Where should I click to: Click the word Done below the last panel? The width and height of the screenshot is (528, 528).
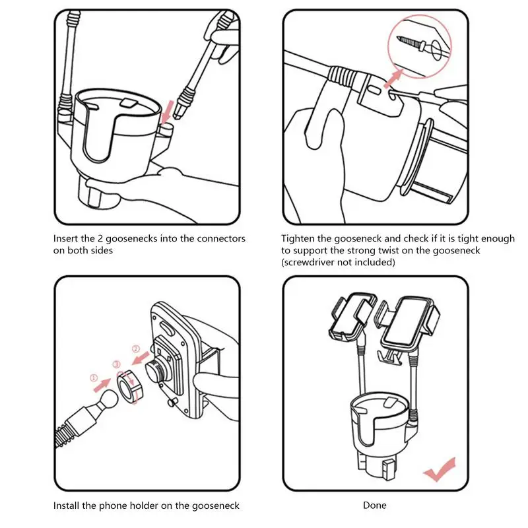[374, 505]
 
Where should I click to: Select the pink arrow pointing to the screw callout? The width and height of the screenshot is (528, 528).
[393, 79]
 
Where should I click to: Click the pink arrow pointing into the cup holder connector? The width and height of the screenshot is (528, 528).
[168, 113]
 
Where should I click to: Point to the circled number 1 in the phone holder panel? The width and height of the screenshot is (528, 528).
[94, 378]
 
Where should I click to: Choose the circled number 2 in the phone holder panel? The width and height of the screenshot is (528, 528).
[136, 349]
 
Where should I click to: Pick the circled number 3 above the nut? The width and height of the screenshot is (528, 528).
[117, 364]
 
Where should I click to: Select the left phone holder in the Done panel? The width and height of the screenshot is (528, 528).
[352, 317]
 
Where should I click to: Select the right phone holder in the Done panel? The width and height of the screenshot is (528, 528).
[408, 323]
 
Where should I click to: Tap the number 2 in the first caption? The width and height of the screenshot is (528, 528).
[100, 238]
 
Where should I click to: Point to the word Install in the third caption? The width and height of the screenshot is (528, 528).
[67, 506]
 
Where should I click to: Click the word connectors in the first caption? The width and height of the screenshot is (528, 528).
[221, 239]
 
